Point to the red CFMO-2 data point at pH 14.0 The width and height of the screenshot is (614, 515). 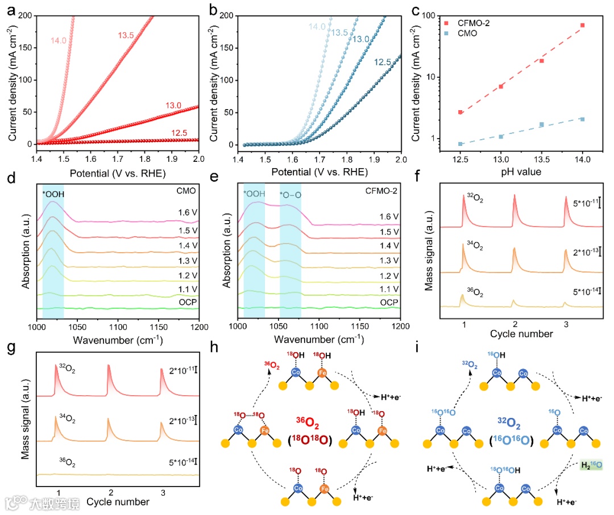click(582, 26)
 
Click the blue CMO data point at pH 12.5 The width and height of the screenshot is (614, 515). click(460, 144)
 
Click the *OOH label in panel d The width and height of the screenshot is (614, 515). click(53, 194)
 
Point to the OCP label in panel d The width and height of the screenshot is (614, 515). click(188, 302)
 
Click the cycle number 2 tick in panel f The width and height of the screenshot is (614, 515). click(515, 323)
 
